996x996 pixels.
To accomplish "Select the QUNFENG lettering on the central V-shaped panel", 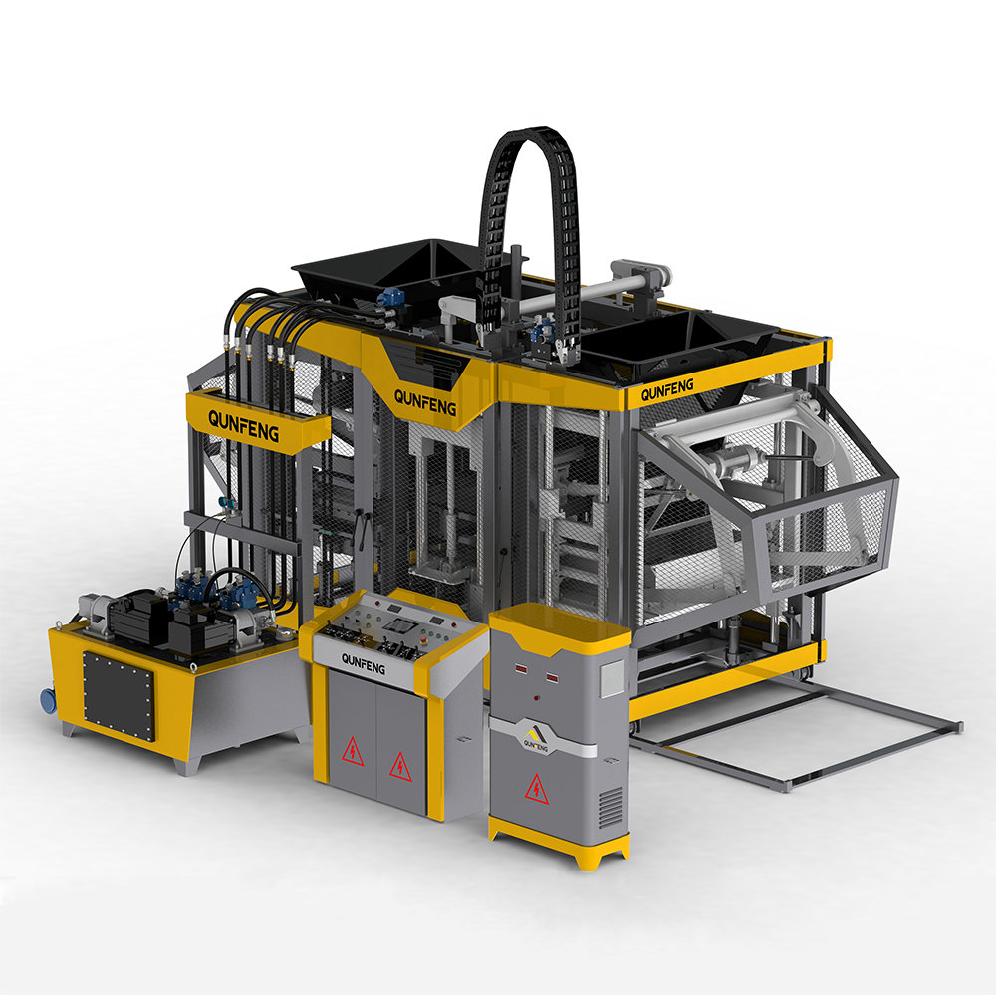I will pyautogui.click(x=426, y=397).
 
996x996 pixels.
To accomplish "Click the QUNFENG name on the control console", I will pyautogui.click(x=363, y=663).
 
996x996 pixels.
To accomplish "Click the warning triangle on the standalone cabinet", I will pyautogui.click(x=536, y=788).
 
